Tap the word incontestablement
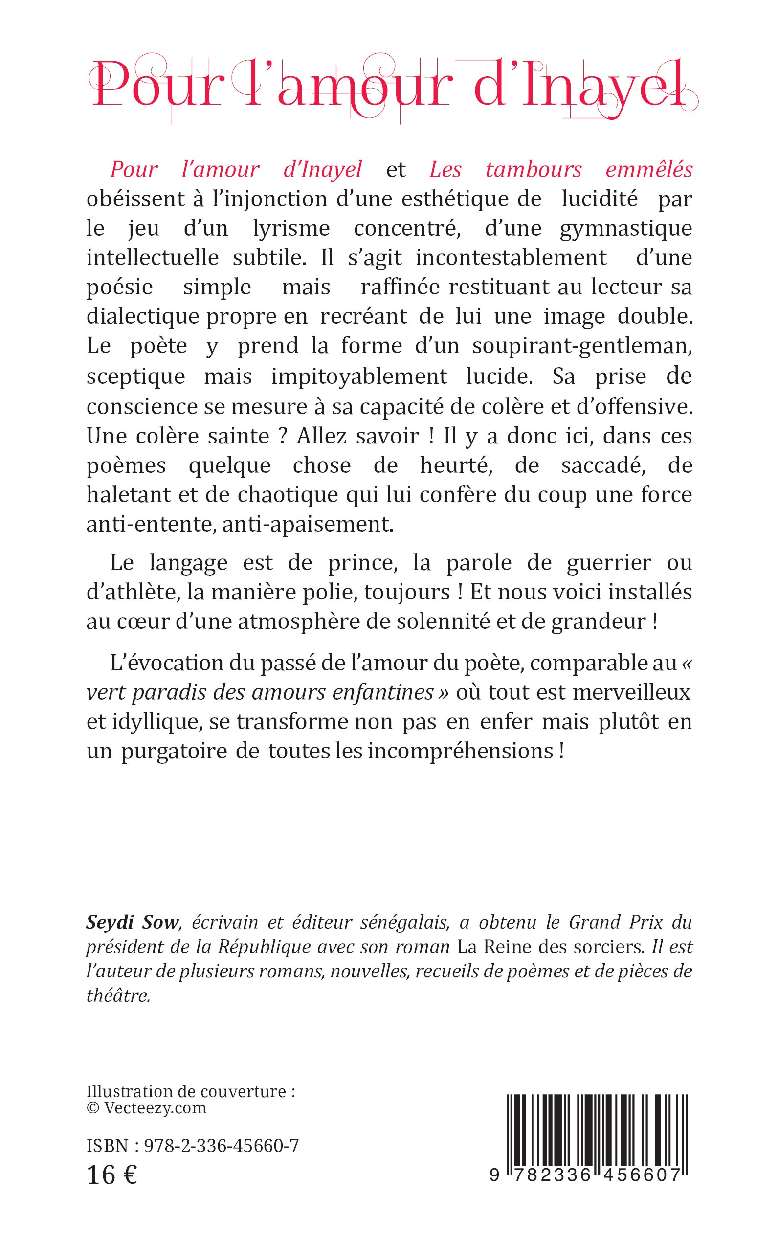pos(511,258)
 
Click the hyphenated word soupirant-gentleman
pos(581,346)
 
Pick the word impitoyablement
pos(359,377)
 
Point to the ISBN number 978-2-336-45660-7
pos(222,1146)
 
